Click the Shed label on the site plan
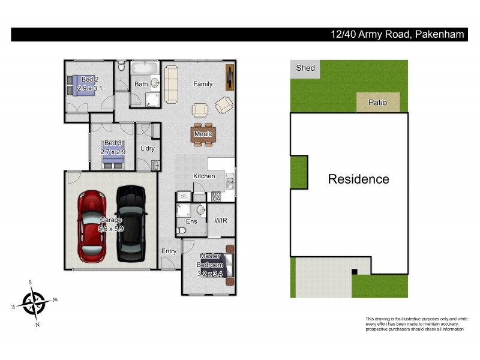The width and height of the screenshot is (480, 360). click(305, 68)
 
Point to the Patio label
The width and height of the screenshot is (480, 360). click(377, 103)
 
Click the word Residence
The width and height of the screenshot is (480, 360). click(358, 179)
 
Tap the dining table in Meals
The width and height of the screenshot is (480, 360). click(203, 134)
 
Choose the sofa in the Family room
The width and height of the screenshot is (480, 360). click(171, 84)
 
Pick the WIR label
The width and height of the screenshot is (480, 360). click(221, 221)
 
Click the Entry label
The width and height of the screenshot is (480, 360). click(169, 251)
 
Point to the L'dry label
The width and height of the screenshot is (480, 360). click(148, 148)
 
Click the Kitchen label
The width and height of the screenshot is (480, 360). click(204, 176)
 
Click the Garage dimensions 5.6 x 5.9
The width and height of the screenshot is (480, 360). click(110, 229)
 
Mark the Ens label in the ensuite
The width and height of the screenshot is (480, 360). click(191, 221)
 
